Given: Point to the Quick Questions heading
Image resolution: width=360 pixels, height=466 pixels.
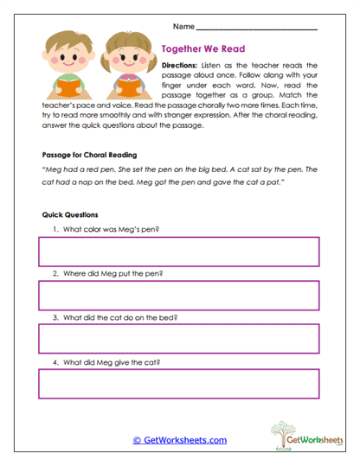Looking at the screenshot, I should pos(70,214).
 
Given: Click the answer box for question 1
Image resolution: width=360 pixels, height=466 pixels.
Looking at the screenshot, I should pos(177,252).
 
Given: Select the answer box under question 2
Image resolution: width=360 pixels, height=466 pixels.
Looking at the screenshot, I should pos(177,296).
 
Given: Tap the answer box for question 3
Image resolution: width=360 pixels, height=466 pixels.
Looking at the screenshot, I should pos(177,340).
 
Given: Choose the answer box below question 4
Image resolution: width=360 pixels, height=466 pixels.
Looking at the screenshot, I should pos(177,383).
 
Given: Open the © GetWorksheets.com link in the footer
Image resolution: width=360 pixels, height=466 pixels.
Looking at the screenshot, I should pos(179,440).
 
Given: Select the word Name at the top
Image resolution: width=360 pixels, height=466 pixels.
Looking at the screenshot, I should pos(183,28).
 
